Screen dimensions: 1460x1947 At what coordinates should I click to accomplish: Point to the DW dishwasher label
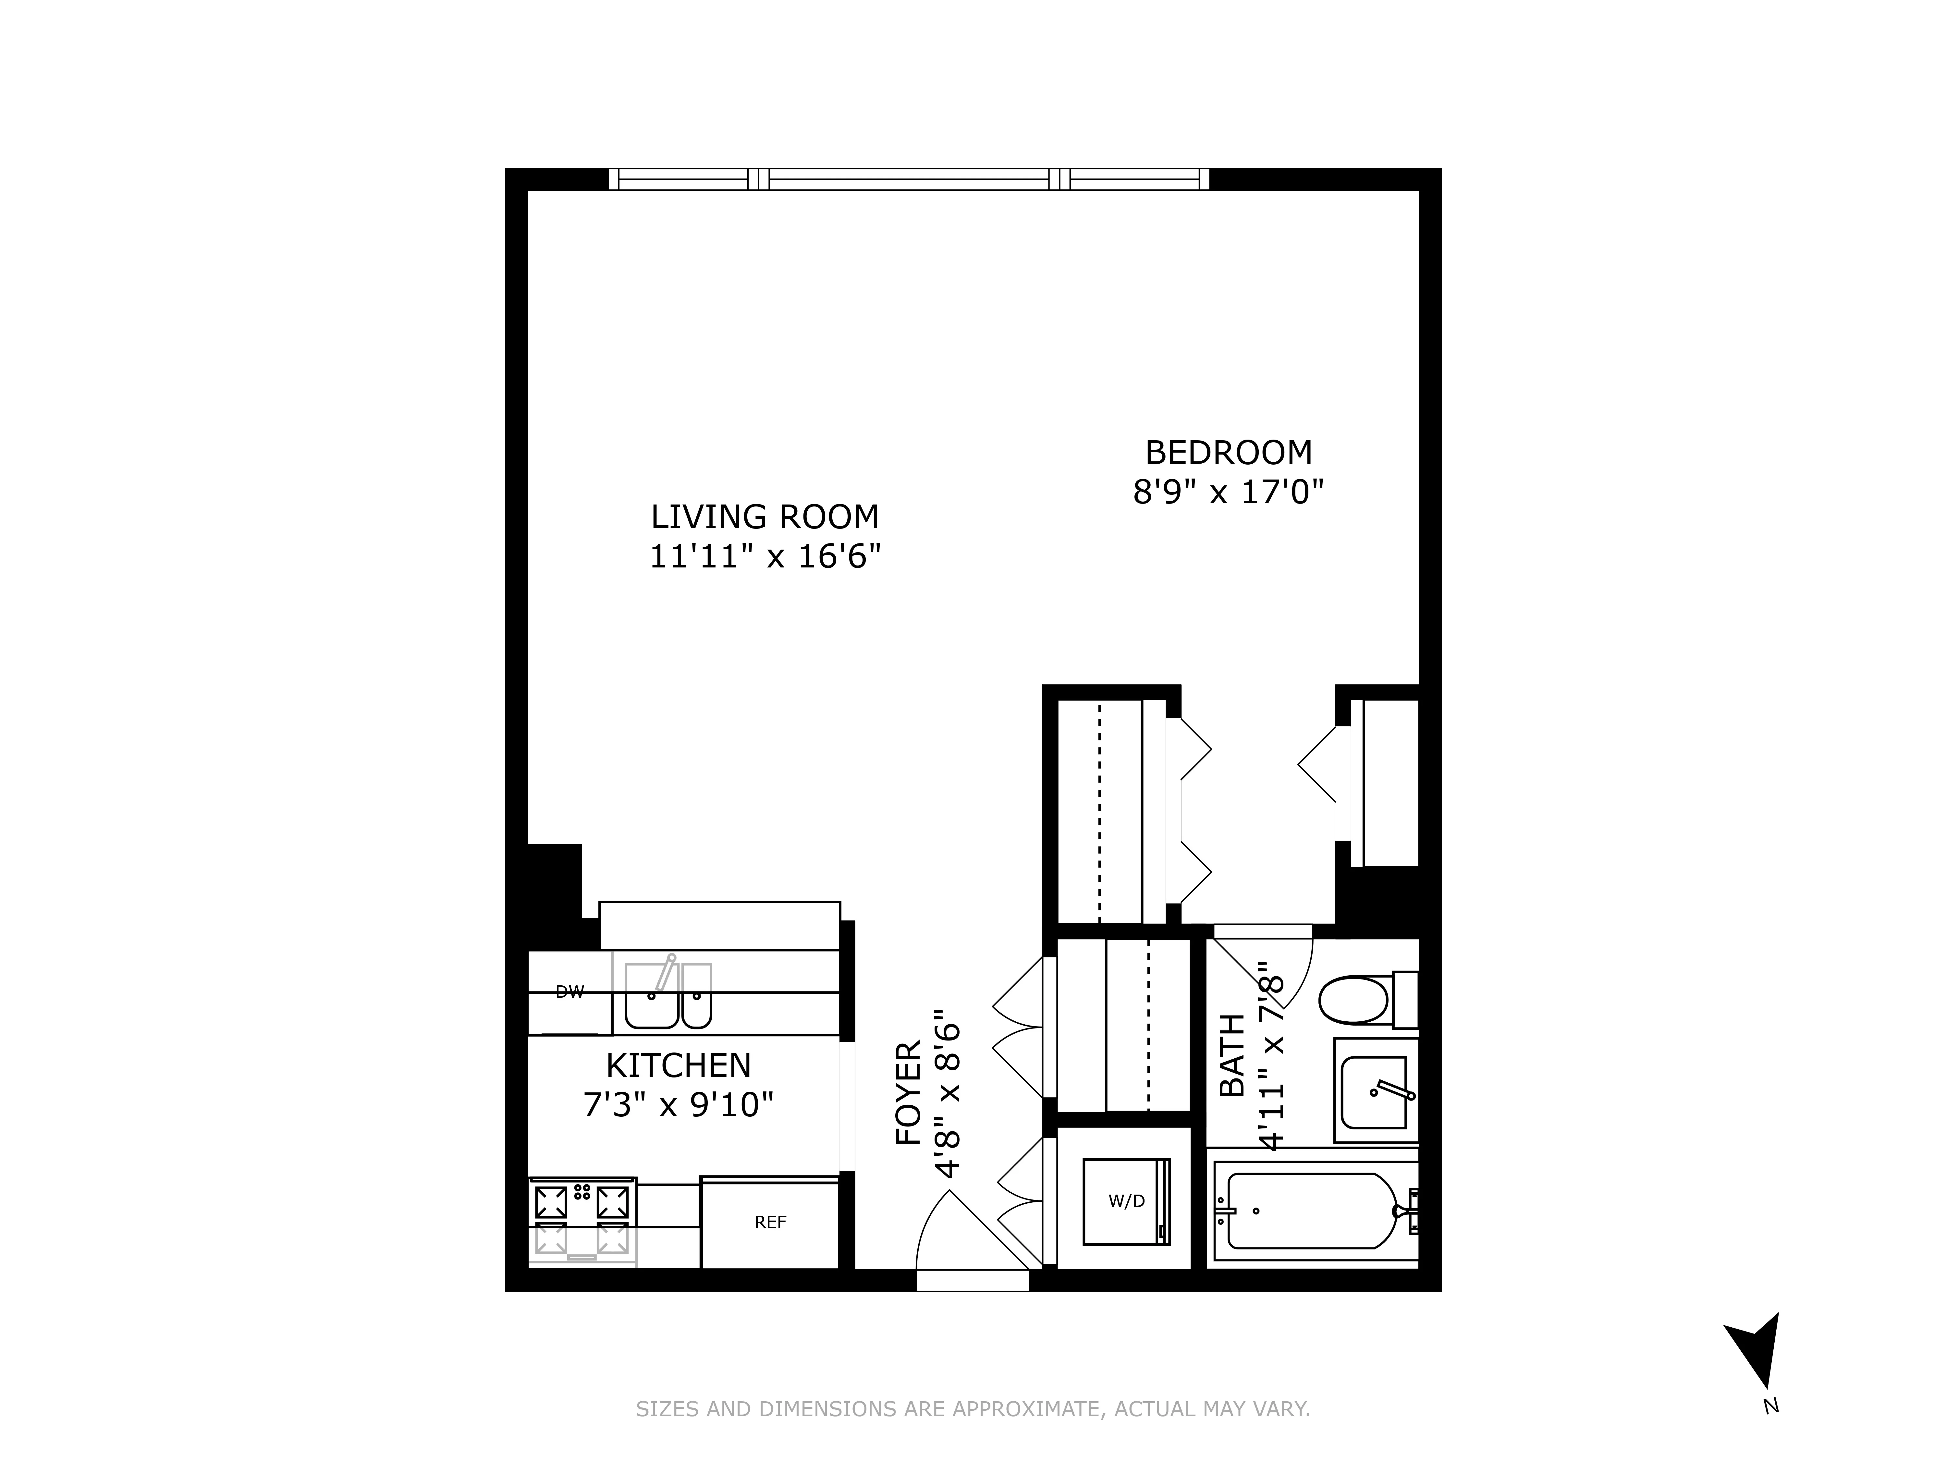pyautogui.click(x=569, y=992)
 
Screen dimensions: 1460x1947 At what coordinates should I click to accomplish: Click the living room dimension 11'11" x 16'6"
pyautogui.click(x=765, y=557)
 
